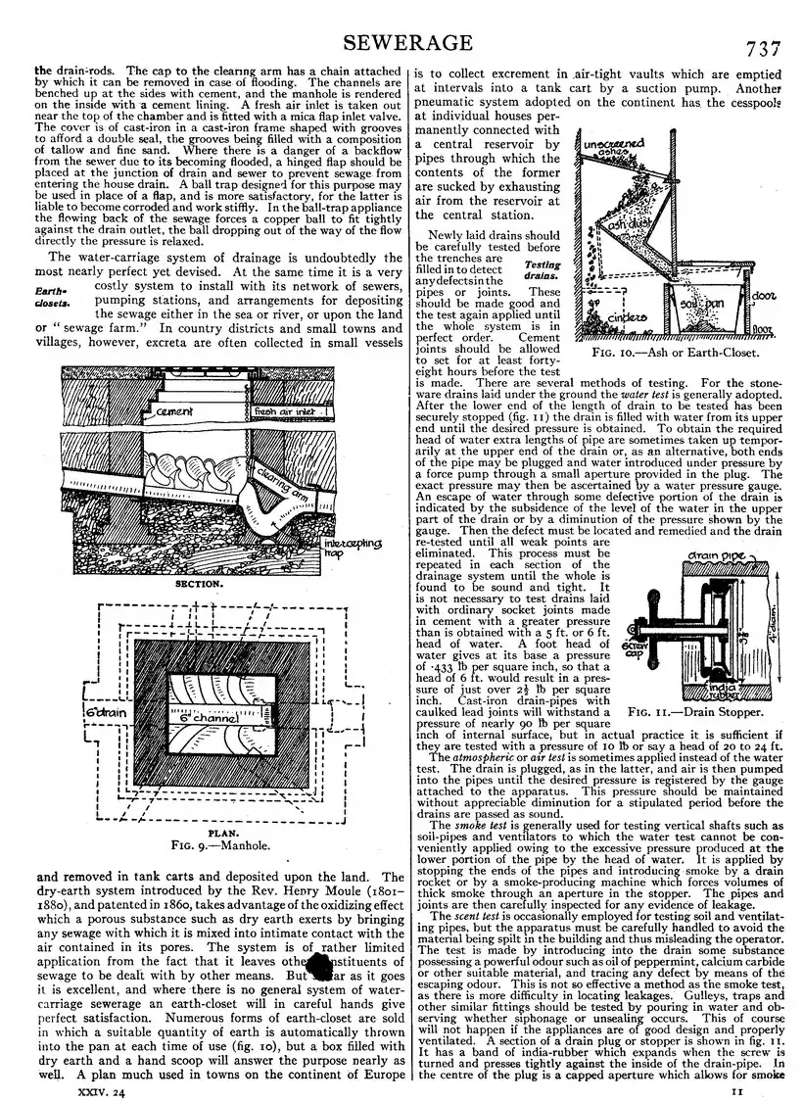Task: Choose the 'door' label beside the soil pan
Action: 767,294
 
